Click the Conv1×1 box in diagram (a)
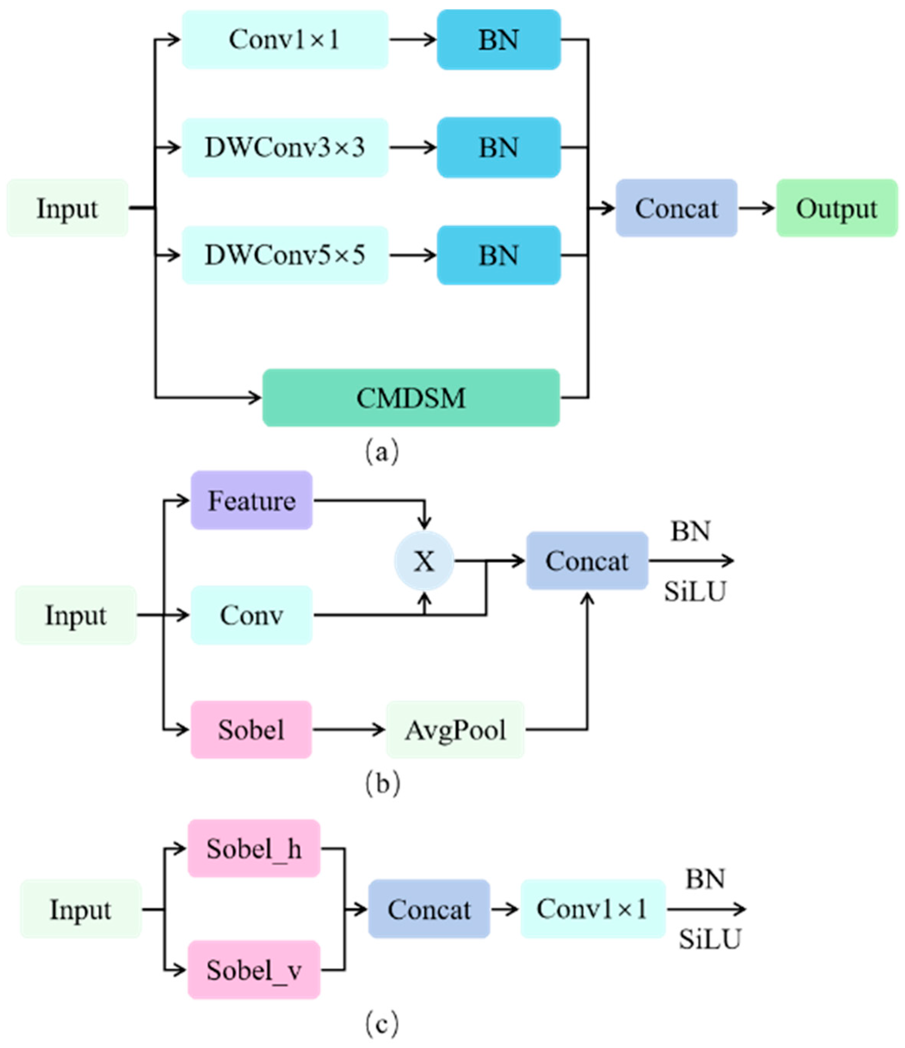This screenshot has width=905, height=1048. point(285,40)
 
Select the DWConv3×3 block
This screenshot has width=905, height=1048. point(285,148)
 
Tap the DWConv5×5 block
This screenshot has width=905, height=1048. point(285,255)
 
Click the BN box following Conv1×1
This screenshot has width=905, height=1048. point(498,40)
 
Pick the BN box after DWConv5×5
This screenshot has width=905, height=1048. point(498,255)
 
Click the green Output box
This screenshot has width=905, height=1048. point(837,208)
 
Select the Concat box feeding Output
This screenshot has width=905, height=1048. point(677,208)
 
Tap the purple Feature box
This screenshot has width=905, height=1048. point(251,500)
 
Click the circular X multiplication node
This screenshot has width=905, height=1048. point(424,561)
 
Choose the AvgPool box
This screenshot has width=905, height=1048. point(455,729)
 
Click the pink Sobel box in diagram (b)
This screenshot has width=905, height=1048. point(251,729)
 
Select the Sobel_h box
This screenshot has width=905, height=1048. point(254,848)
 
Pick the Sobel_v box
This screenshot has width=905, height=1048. point(254,970)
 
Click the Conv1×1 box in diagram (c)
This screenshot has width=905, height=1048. point(593,909)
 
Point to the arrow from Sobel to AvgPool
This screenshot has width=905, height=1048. point(349,729)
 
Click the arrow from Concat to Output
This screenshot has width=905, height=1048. point(757,208)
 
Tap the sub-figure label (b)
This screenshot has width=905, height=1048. point(382,783)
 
